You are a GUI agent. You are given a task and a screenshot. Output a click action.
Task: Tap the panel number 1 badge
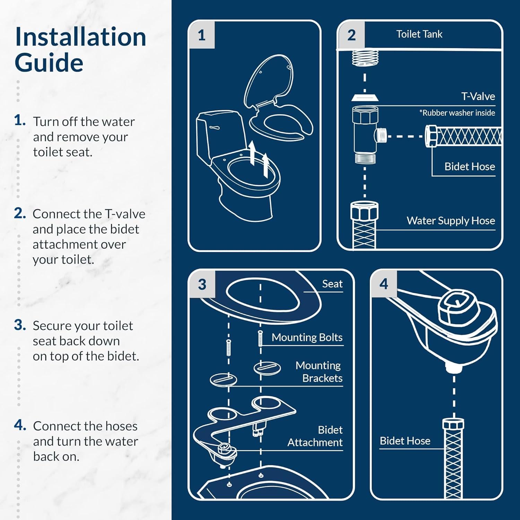point(202,35)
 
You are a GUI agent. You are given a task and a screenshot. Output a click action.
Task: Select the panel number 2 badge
point(351,35)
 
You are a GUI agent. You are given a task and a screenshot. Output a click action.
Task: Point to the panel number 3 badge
point(202,284)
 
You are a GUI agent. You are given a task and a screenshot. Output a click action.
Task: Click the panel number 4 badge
point(383,284)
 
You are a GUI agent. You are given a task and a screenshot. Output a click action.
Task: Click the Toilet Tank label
point(419,34)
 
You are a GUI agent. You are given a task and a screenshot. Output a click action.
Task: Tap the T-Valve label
point(478,96)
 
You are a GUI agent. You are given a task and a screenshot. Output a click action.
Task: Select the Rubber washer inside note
point(457,113)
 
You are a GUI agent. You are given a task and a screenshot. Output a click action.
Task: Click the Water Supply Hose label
point(451,220)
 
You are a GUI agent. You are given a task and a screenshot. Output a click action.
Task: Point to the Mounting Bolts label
point(307,337)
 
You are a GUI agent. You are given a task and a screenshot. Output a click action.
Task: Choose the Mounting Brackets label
point(318,372)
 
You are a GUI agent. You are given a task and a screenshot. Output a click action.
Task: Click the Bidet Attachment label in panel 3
point(315,436)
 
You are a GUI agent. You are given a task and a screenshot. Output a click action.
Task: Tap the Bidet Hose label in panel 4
point(405,441)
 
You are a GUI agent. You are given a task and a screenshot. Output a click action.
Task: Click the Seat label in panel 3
point(332,284)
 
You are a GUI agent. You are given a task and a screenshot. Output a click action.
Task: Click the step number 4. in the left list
point(20,425)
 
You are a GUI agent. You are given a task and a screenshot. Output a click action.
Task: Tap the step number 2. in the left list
point(20,213)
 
